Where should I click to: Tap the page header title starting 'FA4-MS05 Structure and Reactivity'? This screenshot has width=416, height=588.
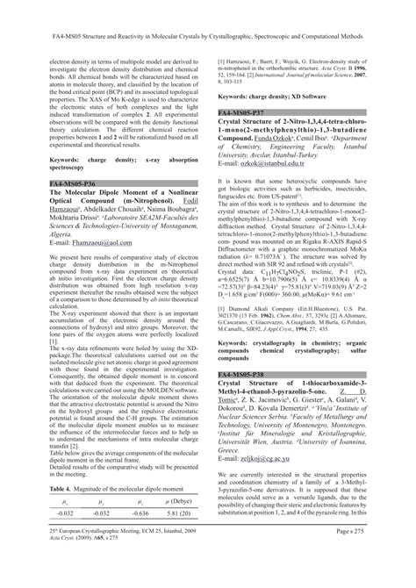tap(207, 14)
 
